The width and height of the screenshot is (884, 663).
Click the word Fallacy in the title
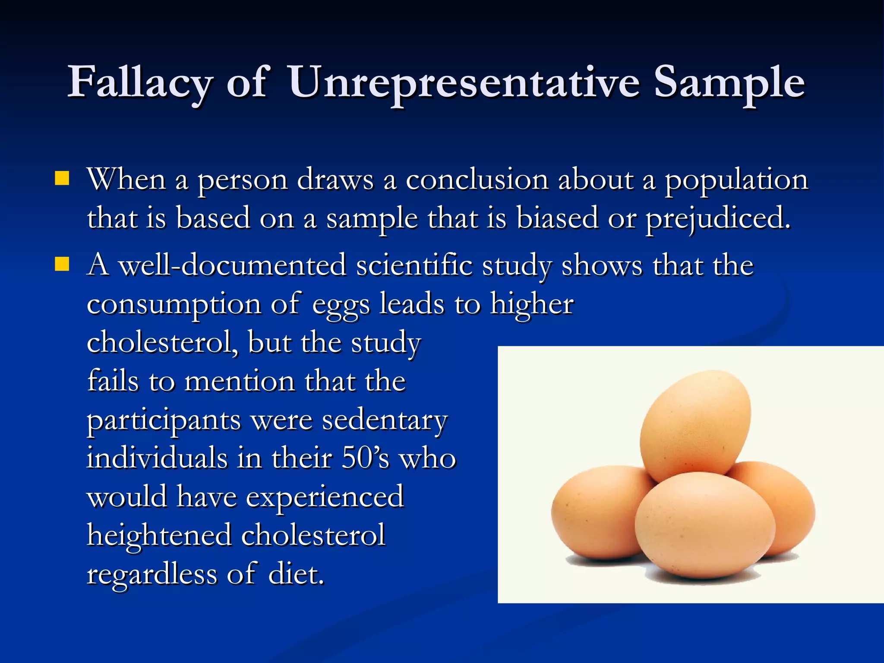click(x=139, y=82)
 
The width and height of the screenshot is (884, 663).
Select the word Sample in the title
click(x=729, y=82)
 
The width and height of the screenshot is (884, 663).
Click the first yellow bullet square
click(x=62, y=178)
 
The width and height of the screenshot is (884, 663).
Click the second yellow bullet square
click(x=62, y=263)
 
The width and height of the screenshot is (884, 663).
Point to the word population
click(x=736, y=180)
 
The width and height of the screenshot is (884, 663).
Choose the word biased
click(x=557, y=218)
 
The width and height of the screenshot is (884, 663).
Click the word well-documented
click(x=232, y=265)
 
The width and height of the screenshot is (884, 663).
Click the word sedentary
click(x=385, y=420)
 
